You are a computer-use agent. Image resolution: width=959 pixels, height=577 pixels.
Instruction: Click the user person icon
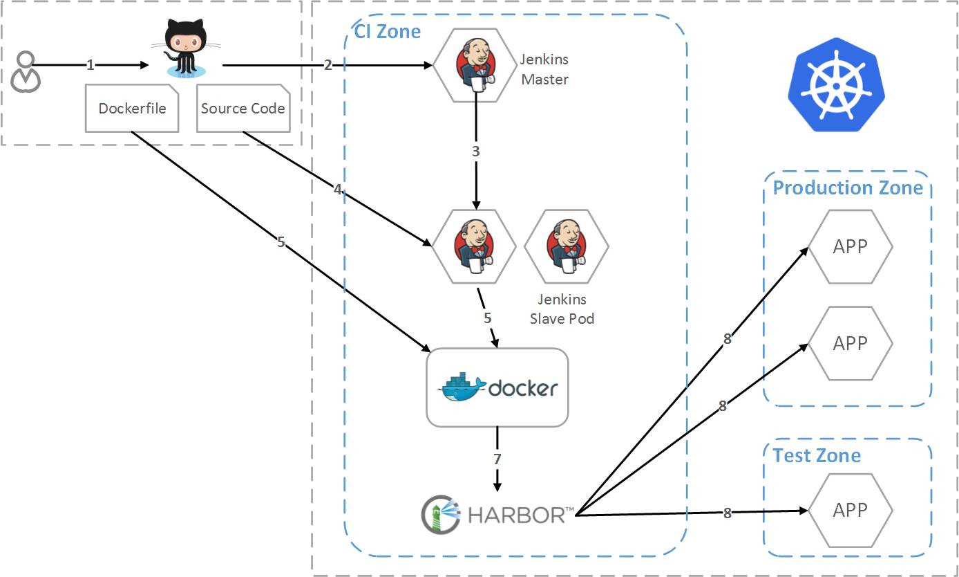point(26,72)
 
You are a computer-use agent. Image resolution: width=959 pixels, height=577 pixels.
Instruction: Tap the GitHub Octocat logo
point(187,48)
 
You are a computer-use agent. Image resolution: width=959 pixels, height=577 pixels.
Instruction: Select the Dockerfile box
point(132,108)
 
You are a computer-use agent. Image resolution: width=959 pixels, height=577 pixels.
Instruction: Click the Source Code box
point(243,108)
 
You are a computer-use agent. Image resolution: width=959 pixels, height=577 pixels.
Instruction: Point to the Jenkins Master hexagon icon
point(475,65)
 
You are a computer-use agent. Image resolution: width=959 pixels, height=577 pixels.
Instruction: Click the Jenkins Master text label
point(544,69)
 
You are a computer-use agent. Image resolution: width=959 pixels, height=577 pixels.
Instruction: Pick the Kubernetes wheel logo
point(836,85)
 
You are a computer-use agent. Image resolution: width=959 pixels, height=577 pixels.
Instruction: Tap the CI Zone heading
point(388,31)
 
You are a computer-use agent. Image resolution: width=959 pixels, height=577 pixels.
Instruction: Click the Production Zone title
point(848,187)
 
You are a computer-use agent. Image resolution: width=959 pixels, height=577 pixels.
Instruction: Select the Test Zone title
point(817,455)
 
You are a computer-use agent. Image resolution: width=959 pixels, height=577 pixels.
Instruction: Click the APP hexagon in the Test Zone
point(851,510)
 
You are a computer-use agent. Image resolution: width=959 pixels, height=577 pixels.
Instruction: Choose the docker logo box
point(497,387)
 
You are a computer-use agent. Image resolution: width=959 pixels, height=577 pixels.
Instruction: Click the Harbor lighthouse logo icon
point(441,515)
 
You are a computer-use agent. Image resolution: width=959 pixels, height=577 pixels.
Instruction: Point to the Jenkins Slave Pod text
point(562,309)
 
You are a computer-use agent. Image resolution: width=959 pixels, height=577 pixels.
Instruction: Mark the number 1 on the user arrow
point(90,65)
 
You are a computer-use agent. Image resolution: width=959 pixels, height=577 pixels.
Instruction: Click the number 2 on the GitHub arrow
point(328,65)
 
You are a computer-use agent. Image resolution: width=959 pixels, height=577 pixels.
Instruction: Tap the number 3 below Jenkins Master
point(475,152)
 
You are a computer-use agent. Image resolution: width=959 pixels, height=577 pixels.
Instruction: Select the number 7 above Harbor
point(497,459)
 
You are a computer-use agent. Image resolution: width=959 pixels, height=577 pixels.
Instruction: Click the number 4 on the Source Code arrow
point(338,189)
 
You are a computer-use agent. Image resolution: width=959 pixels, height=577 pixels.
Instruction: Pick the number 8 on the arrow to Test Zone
point(728,513)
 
